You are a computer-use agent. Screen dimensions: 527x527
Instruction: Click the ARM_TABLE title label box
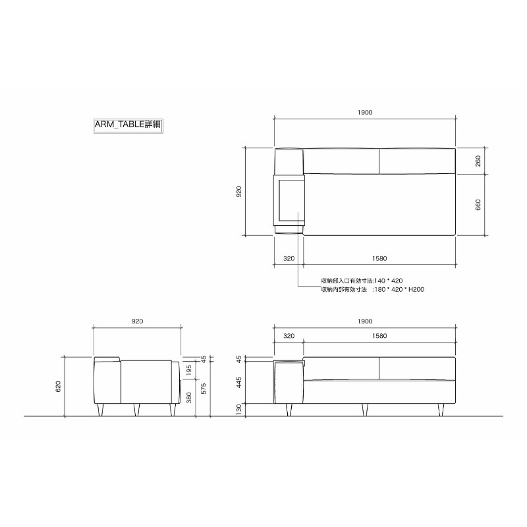pos(128,125)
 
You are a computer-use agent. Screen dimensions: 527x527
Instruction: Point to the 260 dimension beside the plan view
pos(478,161)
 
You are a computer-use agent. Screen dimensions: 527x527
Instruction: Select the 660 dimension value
pos(478,205)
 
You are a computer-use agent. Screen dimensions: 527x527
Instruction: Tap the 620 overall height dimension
pos(58,387)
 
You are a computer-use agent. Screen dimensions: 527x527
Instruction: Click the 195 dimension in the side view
pos(188,370)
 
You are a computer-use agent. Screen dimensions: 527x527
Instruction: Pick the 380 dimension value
pos(188,398)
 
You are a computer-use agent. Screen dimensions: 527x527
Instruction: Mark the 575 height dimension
pos(203,389)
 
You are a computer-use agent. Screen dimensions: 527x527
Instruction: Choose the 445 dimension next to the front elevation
pos(238,383)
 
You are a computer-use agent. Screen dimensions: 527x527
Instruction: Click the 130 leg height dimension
pos(238,409)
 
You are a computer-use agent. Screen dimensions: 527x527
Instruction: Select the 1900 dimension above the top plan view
pos(365,113)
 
